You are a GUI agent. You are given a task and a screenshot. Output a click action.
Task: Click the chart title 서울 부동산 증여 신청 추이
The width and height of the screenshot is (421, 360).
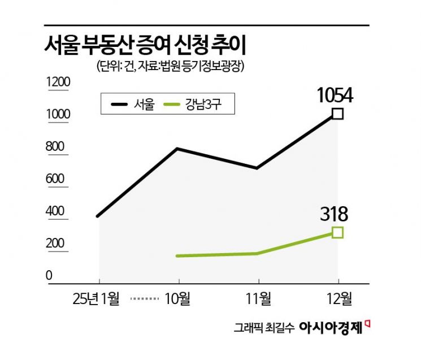148,44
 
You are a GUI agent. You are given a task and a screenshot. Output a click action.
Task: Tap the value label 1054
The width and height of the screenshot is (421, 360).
335,95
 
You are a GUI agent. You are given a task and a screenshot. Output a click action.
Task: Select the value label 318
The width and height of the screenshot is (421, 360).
335,214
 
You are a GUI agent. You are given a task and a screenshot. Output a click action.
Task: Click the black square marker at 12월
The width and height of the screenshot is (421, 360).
337,114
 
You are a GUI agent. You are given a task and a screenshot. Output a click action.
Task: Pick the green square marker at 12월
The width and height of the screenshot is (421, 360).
337,232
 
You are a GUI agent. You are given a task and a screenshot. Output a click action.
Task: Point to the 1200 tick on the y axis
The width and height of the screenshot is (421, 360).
58,83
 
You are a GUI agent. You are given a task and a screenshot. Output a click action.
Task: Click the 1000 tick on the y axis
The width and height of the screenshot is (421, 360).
58,115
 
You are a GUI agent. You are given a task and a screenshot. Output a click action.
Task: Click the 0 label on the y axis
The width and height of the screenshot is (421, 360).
49,276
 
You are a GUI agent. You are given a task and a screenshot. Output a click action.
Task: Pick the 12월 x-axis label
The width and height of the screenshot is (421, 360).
338,297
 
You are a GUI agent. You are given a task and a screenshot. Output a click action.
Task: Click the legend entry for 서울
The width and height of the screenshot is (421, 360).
134,104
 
